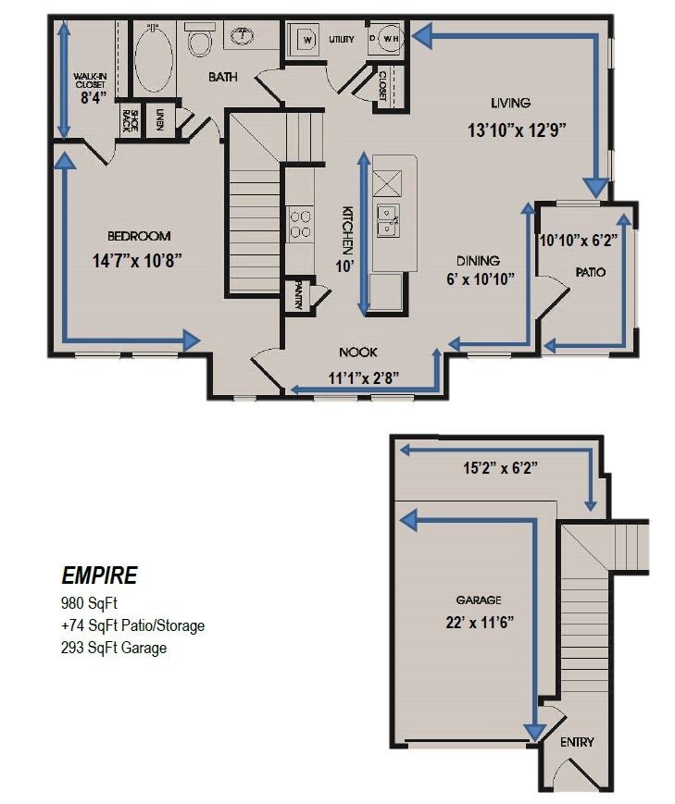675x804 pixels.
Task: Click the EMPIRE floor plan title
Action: coord(99,575)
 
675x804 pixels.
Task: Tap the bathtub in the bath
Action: coord(154,57)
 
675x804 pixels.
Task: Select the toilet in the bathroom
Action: coord(200,40)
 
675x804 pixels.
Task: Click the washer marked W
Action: coord(307,40)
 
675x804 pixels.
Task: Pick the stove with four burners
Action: coord(301,224)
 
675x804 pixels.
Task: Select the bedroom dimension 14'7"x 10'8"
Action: coord(137,261)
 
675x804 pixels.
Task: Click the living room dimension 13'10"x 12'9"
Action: coord(517,130)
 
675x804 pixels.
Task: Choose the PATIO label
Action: coord(591,272)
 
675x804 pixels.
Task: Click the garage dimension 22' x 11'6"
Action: coord(480,622)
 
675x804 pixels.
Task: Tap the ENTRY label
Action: coord(577,741)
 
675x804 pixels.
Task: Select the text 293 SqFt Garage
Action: coord(114,648)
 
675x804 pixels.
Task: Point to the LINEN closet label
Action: coord(159,120)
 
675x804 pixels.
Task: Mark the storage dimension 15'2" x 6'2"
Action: coord(501,467)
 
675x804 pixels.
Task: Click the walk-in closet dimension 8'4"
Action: coord(94,97)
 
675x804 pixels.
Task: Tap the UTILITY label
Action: coord(342,39)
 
